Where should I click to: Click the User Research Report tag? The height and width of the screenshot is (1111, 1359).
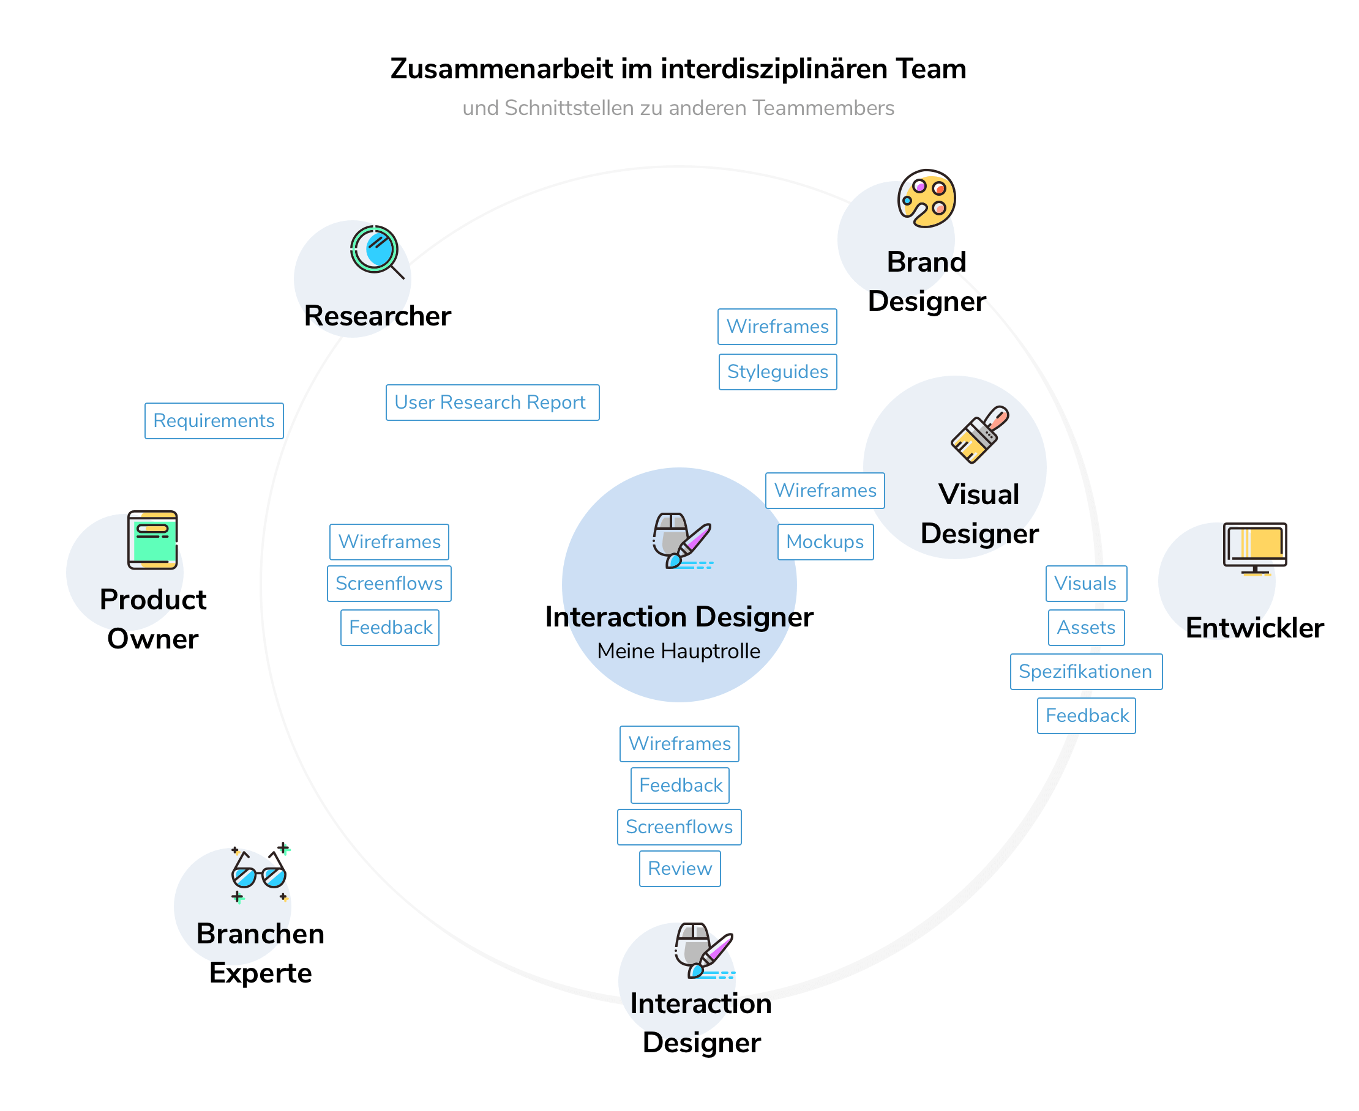[492, 403]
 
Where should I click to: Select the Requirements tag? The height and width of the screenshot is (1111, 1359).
[214, 421]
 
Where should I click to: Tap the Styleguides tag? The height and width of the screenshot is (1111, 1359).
[777, 372]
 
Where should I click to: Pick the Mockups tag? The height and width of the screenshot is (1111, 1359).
[825, 542]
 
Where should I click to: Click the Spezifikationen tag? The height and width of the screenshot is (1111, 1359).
[1085, 672]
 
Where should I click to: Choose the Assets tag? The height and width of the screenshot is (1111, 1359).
[1086, 628]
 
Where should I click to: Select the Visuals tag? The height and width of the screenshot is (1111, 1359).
[1085, 584]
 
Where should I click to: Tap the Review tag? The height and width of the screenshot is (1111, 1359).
[679, 869]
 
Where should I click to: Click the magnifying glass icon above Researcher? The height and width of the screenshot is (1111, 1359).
[376, 251]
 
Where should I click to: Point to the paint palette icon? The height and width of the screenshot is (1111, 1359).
[926, 198]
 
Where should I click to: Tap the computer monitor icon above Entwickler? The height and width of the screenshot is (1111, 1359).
[1254, 548]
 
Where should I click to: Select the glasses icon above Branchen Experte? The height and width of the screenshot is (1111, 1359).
[260, 873]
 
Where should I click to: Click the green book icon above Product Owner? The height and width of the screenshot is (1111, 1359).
[152, 540]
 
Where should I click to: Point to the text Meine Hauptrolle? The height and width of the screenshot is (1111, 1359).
[678, 652]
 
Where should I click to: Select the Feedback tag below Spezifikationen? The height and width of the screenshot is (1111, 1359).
[1086, 716]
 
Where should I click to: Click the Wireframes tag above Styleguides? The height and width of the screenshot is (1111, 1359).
[777, 327]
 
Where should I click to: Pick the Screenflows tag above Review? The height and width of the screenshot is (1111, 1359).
[679, 827]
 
